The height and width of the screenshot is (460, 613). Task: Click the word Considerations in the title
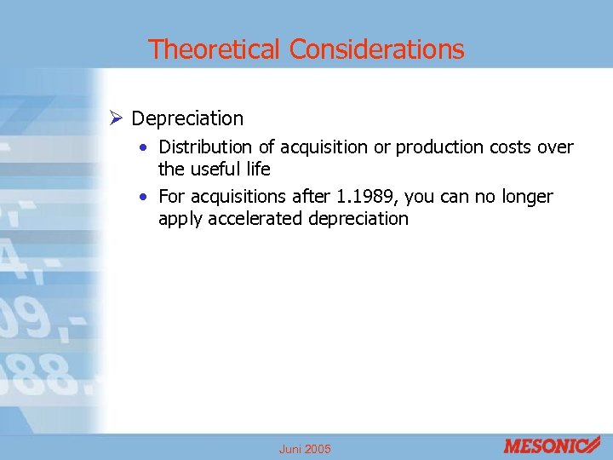(x=376, y=49)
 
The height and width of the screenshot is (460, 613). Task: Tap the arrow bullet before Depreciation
(x=117, y=118)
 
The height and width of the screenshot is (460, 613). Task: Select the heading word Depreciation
(x=187, y=118)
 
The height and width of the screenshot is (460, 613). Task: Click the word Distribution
(x=204, y=147)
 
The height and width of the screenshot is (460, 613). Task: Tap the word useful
(x=215, y=169)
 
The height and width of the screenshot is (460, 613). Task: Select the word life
(x=257, y=169)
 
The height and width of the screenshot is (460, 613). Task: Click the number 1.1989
(x=367, y=198)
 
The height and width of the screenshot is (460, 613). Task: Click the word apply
(x=179, y=219)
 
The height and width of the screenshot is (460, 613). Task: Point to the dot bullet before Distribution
(x=146, y=147)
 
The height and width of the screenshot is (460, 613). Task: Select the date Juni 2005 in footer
(x=306, y=449)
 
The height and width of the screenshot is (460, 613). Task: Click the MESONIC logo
(x=552, y=445)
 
